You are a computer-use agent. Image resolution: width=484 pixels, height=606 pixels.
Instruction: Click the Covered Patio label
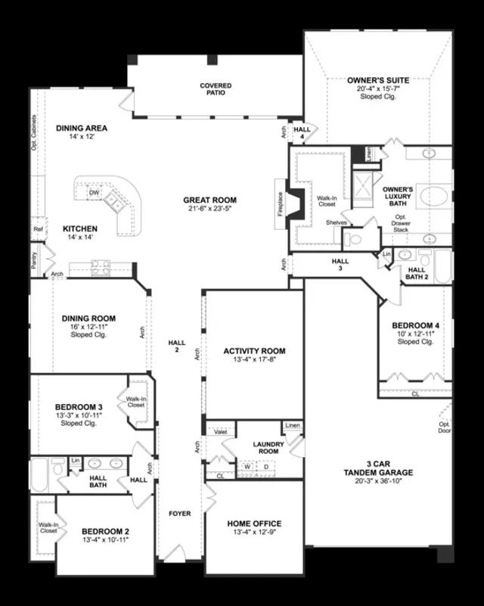216,90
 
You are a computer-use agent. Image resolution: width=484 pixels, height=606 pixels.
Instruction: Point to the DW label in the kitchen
95,194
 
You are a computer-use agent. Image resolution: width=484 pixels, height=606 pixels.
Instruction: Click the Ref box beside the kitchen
37,228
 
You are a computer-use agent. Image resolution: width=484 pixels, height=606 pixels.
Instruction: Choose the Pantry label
35,259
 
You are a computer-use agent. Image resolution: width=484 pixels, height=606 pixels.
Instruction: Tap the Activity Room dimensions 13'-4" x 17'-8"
254,360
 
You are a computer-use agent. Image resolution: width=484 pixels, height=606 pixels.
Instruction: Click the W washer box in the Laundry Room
247,467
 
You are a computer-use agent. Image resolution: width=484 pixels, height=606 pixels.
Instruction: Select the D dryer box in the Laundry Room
265,467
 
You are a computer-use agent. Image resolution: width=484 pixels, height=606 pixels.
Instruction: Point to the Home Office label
254,524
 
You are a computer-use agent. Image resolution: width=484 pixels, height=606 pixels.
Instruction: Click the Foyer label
180,514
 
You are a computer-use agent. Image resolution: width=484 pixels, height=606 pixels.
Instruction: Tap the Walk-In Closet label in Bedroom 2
48,527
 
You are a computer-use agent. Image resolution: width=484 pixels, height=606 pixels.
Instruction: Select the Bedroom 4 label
415,325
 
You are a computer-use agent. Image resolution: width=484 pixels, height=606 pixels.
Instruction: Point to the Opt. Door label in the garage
445,427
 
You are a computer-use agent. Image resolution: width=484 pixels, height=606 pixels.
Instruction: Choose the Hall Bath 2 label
417,273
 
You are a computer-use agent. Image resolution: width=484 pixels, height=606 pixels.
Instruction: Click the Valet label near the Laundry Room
222,431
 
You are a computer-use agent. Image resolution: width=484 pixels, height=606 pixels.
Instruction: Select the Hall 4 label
302,132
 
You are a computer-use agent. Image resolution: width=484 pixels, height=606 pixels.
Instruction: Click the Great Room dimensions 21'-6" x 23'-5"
209,210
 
